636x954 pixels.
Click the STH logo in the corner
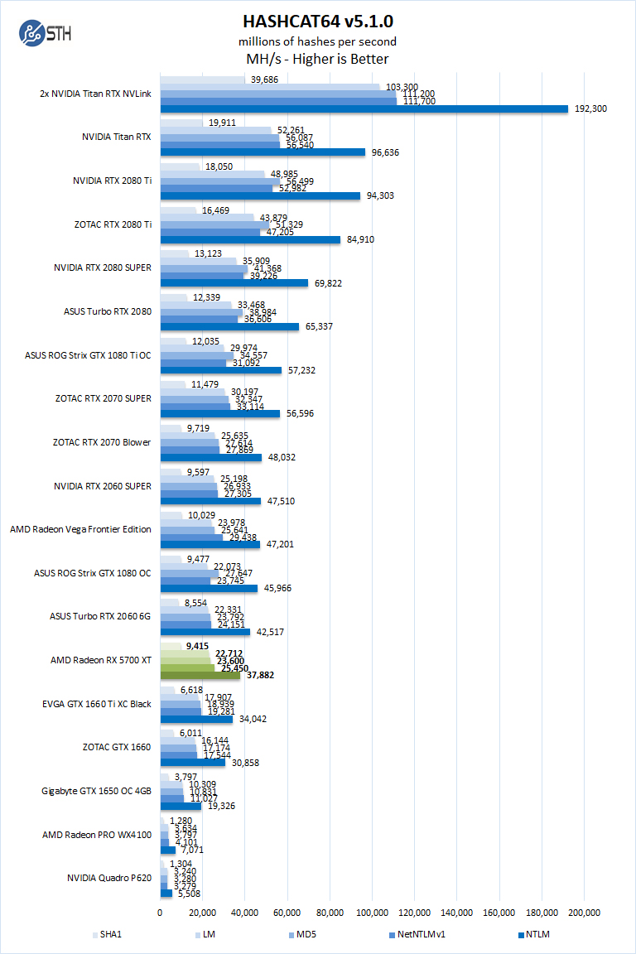42,35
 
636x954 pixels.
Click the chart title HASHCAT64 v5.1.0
317,21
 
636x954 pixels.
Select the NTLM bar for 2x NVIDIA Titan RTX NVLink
364,108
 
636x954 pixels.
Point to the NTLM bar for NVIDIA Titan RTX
263,152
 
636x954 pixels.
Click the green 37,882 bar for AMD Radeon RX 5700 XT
200,675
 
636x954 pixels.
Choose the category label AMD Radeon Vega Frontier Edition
80,528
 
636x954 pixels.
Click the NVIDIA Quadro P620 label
109,878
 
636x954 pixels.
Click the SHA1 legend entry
109,935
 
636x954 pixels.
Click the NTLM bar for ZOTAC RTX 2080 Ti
250,240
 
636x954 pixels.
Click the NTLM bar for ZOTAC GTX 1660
192,762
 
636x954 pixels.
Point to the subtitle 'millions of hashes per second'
317,41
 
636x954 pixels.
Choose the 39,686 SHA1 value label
265,79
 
